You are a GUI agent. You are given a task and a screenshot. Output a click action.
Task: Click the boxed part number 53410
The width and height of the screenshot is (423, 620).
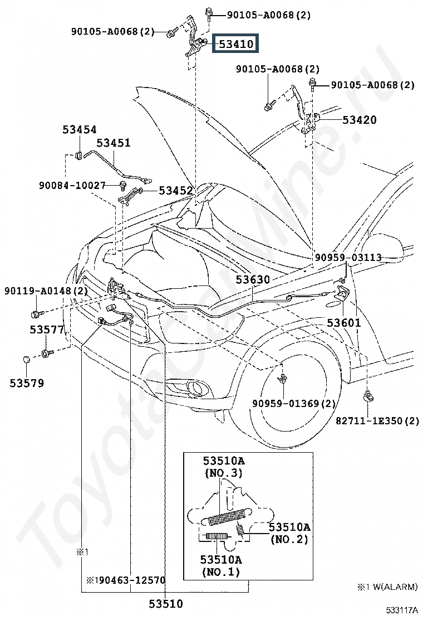pos(235,43)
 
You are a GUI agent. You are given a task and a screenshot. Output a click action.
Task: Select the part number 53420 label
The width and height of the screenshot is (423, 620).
pos(359,119)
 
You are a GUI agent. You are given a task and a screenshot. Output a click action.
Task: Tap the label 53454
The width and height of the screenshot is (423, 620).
pos(79,129)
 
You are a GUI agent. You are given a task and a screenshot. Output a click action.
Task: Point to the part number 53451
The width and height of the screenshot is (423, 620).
pos(113,142)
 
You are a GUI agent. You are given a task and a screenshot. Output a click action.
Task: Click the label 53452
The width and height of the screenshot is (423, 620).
pos(175,191)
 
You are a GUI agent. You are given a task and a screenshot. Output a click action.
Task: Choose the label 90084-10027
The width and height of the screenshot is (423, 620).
pos(72,185)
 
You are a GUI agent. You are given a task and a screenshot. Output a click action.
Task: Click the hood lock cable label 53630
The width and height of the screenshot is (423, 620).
pos(253,279)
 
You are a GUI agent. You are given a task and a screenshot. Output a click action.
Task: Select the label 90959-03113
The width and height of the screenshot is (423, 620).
pos(348,258)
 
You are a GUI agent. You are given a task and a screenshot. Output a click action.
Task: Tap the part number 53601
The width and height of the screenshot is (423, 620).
pos(344,323)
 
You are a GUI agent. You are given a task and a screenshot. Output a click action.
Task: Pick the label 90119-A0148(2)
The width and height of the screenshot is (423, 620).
pos(46,291)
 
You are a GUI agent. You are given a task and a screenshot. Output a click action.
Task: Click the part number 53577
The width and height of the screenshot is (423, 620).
pos(47,330)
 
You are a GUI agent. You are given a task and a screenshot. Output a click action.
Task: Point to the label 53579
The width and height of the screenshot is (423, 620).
pos(27,382)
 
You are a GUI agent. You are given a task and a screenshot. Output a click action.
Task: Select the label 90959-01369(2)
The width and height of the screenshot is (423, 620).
pos(294,403)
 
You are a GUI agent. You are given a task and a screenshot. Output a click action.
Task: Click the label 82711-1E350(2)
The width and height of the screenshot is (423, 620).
pos(377,420)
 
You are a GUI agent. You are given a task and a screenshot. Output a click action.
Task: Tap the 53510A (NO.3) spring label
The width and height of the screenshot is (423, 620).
pos(224,467)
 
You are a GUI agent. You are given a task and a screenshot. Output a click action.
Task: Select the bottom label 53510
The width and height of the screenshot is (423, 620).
pos(166,604)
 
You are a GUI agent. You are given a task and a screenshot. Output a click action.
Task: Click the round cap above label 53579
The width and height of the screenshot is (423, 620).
pos(27,360)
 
